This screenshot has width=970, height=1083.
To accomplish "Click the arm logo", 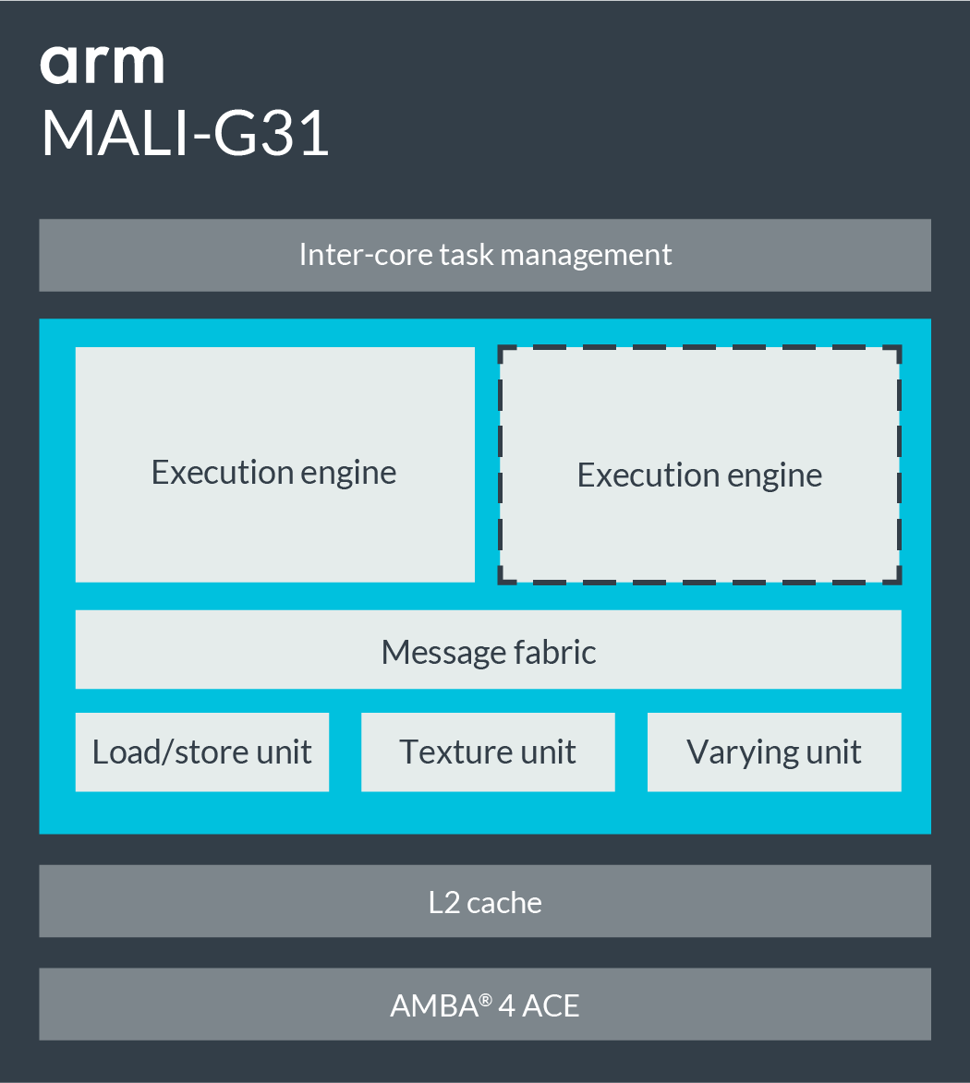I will (102, 65).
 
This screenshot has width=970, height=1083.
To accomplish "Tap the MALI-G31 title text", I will (185, 134).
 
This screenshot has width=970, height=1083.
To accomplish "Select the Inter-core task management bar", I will (485, 255).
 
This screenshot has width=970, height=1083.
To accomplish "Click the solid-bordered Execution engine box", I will (274, 464).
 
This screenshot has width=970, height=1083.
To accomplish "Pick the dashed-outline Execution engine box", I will (699, 465).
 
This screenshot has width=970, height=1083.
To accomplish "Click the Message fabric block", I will (488, 650).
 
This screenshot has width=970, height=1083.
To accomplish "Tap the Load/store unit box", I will (201, 752).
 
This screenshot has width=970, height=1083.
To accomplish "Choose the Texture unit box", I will (488, 752).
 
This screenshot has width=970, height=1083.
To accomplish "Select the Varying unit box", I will (774, 752).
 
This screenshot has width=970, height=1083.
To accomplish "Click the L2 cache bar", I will (485, 901).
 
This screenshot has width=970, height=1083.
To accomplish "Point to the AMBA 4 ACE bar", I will (485, 1005).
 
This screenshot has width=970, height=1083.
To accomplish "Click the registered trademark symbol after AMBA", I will (485, 997).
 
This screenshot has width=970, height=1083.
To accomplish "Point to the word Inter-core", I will (356, 255).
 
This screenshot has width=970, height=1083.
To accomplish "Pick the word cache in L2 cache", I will (504, 902).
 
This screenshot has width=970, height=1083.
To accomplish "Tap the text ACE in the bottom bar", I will (552, 1005).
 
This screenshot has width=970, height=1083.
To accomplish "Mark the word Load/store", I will (169, 752).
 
